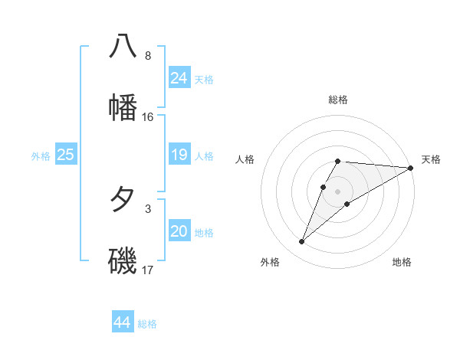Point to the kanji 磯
coord(123,260)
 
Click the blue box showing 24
coord(179,78)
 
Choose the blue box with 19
coord(179,155)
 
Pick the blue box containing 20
coord(179,231)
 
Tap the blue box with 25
coord(65,155)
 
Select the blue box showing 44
coord(122,322)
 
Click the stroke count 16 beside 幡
coord(148,117)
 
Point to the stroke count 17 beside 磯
coord(148,270)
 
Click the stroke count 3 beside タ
coord(148,208)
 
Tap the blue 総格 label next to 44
coord(147,324)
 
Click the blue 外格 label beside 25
coord(41,156)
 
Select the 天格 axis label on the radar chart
coord(431,159)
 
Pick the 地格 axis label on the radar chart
coord(402,263)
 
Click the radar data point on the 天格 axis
coord(411,169)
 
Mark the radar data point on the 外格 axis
coord(301,242)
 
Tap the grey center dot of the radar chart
coord(337,191)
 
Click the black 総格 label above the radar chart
coord(338,100)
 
